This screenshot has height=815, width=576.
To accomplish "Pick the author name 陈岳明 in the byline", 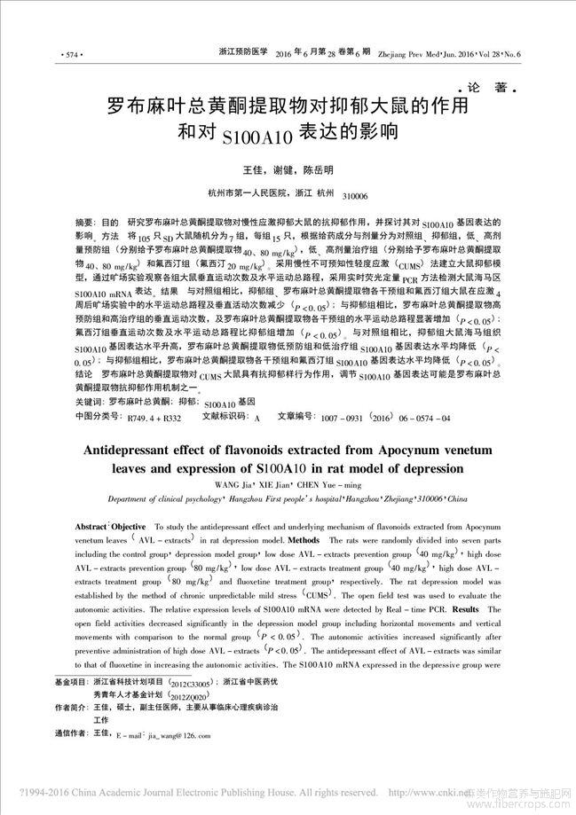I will pyautogui.click(x=318, y=169).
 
